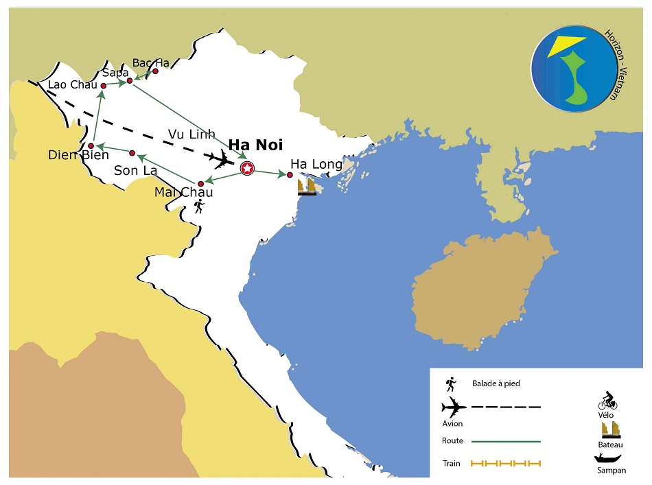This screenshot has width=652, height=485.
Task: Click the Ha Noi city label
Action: point(255,145)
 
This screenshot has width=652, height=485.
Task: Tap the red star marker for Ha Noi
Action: point(247,167)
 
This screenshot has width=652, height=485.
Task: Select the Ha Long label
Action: point(316,165)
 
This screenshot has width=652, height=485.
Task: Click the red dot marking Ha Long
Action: point(290,175)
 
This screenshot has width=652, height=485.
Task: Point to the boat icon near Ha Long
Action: point(307,186)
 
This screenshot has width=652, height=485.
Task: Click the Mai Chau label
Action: point(183,193)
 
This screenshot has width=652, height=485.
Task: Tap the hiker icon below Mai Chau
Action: point(198,205)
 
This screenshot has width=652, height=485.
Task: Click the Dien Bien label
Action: point(78,156)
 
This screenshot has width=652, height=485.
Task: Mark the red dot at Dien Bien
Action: point(91,145)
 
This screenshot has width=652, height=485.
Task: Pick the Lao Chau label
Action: point(73,85)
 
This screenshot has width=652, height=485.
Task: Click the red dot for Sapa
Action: point(129,81)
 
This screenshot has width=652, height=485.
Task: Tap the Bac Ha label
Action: point(150,63)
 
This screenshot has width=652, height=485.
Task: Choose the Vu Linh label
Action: point(191,134)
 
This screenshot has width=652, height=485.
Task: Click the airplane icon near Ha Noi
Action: point(223,161)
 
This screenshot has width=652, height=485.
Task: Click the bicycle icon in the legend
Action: point(607,401)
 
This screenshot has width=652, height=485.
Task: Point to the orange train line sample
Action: point(506,464)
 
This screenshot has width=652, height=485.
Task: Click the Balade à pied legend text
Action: point(496,383)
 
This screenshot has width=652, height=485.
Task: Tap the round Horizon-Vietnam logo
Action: point(574,67)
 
